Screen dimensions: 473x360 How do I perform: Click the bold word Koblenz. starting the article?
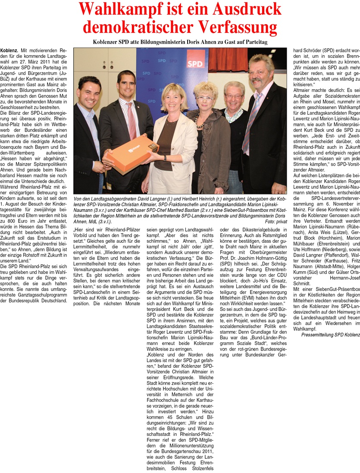click(9, 51)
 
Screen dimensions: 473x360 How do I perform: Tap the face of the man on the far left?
click(90, 94)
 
